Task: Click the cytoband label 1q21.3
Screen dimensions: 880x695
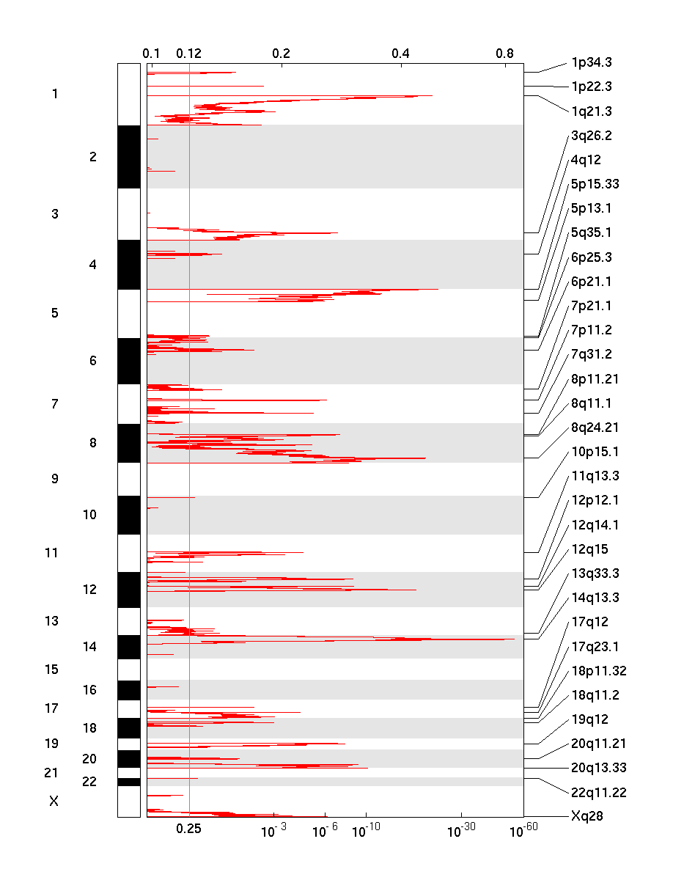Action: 591,111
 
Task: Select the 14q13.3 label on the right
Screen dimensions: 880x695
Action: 595,598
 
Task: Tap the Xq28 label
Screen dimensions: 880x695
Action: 586,815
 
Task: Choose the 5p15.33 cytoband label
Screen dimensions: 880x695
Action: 595,184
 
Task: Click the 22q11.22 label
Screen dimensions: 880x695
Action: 598,792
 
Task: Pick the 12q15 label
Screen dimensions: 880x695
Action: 589,549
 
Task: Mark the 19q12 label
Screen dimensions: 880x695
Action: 589,719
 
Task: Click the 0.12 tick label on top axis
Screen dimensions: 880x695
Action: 188,54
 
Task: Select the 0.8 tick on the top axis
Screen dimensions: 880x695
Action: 504,54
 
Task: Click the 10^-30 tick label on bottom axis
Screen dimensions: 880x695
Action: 460,830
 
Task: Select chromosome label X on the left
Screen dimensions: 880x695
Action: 54,802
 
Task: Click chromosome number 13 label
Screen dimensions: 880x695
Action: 51,621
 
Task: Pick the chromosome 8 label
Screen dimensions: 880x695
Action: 92,443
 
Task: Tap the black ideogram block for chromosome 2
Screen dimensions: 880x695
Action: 129,157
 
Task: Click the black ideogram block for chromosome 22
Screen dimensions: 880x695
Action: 129,782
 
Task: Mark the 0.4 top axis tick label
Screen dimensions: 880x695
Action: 400,54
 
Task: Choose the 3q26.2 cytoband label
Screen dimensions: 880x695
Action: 591,136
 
